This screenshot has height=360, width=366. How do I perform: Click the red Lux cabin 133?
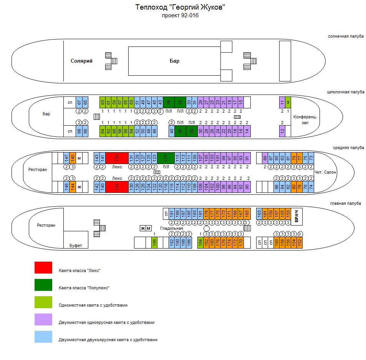point(117,158)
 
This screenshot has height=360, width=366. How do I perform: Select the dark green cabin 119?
point(166,158)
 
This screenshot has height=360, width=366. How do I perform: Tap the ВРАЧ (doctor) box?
point(296,216)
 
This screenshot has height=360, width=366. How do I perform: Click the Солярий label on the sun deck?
point(81,61)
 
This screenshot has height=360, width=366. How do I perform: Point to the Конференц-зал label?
point(305,119)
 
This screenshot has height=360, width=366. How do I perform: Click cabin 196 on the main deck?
point(154,242)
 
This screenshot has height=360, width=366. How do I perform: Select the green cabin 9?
point(288,102)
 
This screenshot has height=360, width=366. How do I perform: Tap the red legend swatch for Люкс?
point(43,268)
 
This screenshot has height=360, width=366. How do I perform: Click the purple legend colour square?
point(43,319)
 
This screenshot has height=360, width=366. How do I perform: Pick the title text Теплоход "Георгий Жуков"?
point(180,7)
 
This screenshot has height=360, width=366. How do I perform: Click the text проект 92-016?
point(180,16)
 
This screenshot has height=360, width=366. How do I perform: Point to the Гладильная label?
point(171,228)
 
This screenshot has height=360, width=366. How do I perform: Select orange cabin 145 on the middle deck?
point(72,158)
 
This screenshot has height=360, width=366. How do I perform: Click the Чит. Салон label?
point(325,172)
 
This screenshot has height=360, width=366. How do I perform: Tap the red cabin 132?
point(117,187)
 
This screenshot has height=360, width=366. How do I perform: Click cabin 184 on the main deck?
point(200,242)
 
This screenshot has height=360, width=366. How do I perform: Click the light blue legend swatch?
point(43,337)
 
